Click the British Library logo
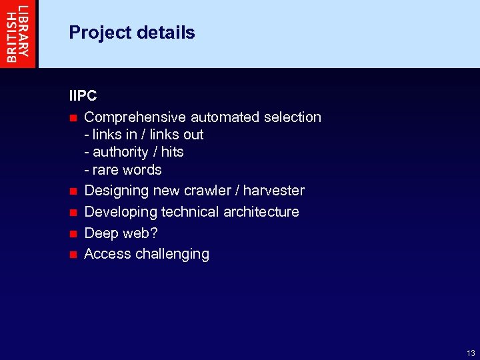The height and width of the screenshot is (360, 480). (19, 33)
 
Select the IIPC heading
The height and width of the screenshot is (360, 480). (83, 96)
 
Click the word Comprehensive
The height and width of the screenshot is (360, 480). (135, 117)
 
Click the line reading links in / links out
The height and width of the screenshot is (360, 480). (144, 135)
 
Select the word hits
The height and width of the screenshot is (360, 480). (172, 152)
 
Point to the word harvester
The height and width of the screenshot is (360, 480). (274, 191)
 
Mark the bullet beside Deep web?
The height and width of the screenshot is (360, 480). (73, 234)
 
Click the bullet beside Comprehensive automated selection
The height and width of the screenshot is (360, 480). (73, 118)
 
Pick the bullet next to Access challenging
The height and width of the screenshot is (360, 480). (73, 255)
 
